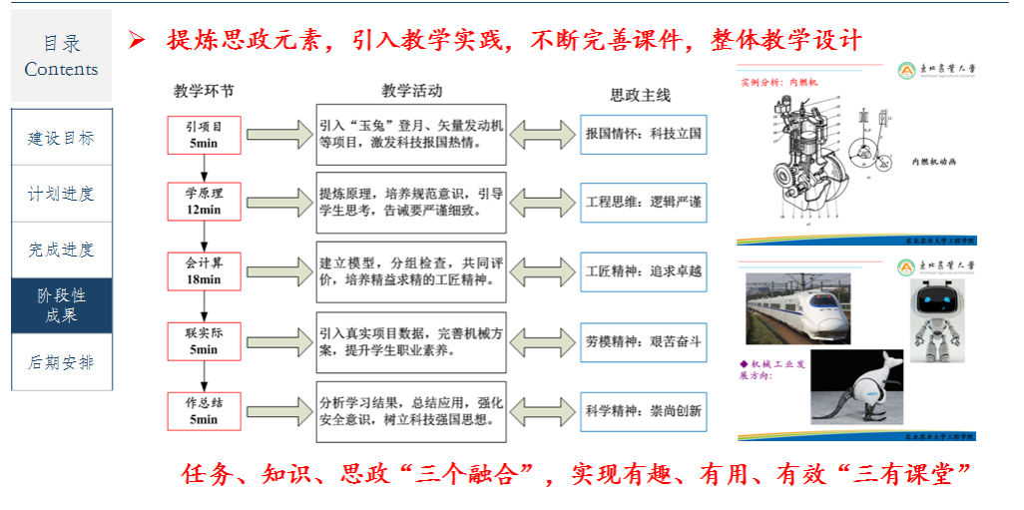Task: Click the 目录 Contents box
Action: (x=61, y=56)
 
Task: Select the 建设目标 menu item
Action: (x=61, y=138)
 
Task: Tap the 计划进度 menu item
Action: (x=61, y=194)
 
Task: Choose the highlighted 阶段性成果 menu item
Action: (x=61, y=305)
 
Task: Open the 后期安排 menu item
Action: (x=61, y=362)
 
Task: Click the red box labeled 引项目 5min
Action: (x=204, y=135)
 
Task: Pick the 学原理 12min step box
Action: (x=204, y=202)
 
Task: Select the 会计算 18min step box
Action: (x=204, y=271)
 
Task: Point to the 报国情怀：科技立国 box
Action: (x=644, y=134)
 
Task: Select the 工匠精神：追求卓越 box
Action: (x=644, y=271)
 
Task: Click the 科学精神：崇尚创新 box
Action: (x=644, y=410)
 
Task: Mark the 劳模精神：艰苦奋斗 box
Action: (x=644, y=341)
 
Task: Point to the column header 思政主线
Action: (x=641, y=96)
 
